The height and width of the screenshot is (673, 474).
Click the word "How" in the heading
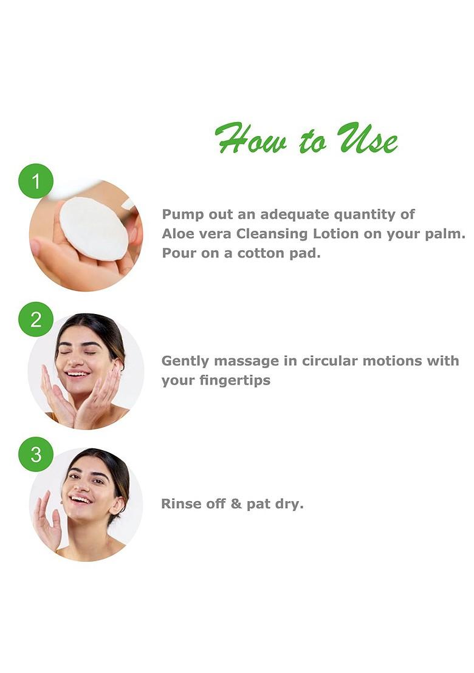click(250, 139)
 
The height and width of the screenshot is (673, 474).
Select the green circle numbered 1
click(36, 181)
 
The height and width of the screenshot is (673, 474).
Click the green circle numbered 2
click(36, 319)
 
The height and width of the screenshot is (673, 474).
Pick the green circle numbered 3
click(36, 454)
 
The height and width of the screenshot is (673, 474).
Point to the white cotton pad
click(94, 229)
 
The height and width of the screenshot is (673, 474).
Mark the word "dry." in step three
click(288, 504)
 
